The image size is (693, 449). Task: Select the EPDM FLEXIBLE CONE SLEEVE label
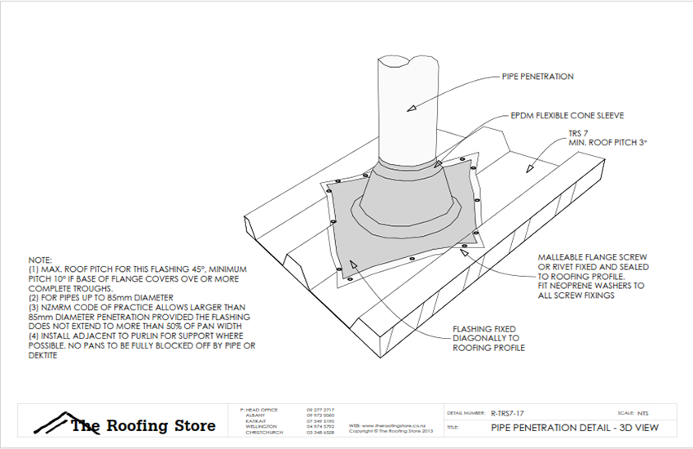[x=555, y=115]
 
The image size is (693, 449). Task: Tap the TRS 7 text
[x=580, y=133]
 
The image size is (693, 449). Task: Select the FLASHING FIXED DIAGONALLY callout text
[x=488, y=338]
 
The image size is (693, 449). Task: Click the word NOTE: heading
[x=40, y=258]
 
